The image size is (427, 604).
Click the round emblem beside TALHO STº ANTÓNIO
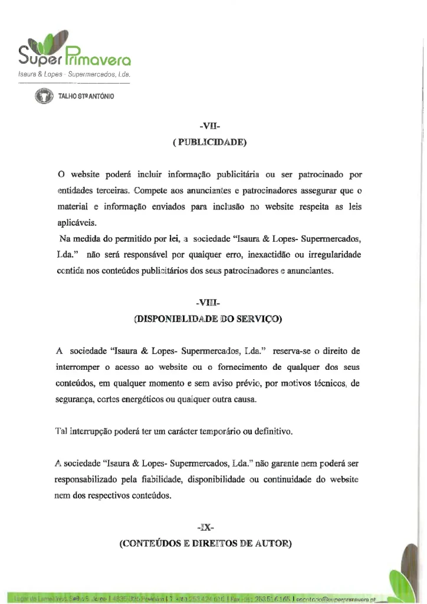(43, 96)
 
